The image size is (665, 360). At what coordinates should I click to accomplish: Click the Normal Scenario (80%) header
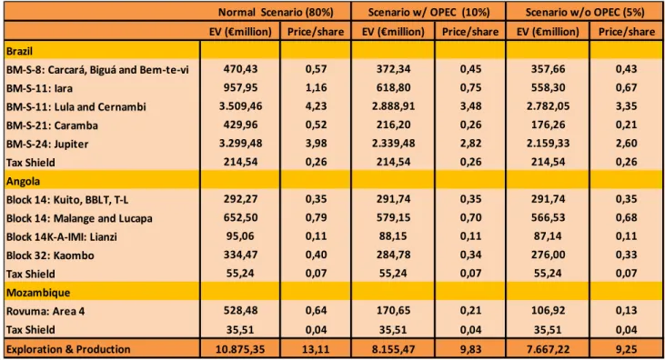click(x=276, y=13)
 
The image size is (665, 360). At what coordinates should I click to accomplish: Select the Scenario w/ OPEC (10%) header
click(x=428, y=13)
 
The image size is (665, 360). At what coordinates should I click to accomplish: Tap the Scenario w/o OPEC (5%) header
click(x=585, y=13)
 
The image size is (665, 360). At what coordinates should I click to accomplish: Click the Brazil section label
click(x=19, y=51)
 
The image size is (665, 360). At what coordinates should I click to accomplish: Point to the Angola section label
click(x=23, y=182)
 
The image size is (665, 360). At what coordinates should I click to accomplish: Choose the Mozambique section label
click(x=38, y=293)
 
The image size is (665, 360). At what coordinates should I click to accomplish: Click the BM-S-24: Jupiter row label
click(x=47, y=145)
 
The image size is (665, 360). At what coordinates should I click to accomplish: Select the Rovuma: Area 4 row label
click(x=45, y=311)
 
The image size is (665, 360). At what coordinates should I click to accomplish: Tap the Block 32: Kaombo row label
click(x=50, y=255)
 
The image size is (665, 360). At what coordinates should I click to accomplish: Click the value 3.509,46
click(x=240, y=106)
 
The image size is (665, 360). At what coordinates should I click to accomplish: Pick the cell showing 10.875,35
click(x=240, y=349)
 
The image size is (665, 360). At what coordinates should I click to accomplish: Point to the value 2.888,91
click(x=393, y=106)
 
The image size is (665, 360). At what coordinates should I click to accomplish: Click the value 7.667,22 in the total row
click(x=548, y=349)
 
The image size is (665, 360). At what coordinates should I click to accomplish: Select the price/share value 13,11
click(x=316, y=349)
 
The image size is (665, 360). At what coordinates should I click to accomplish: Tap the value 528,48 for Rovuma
click(x=240, y=310)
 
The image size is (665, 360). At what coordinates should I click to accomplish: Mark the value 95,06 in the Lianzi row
click(x=240, y=236)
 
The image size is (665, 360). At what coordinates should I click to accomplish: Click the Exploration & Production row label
click(x=68, y=349)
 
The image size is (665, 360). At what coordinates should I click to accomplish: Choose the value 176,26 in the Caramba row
click(x=548, y=125)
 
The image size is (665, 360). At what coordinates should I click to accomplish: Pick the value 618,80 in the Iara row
click(x=393, y=87)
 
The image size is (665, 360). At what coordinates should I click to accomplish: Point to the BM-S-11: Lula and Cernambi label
click(x=76, y=107)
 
